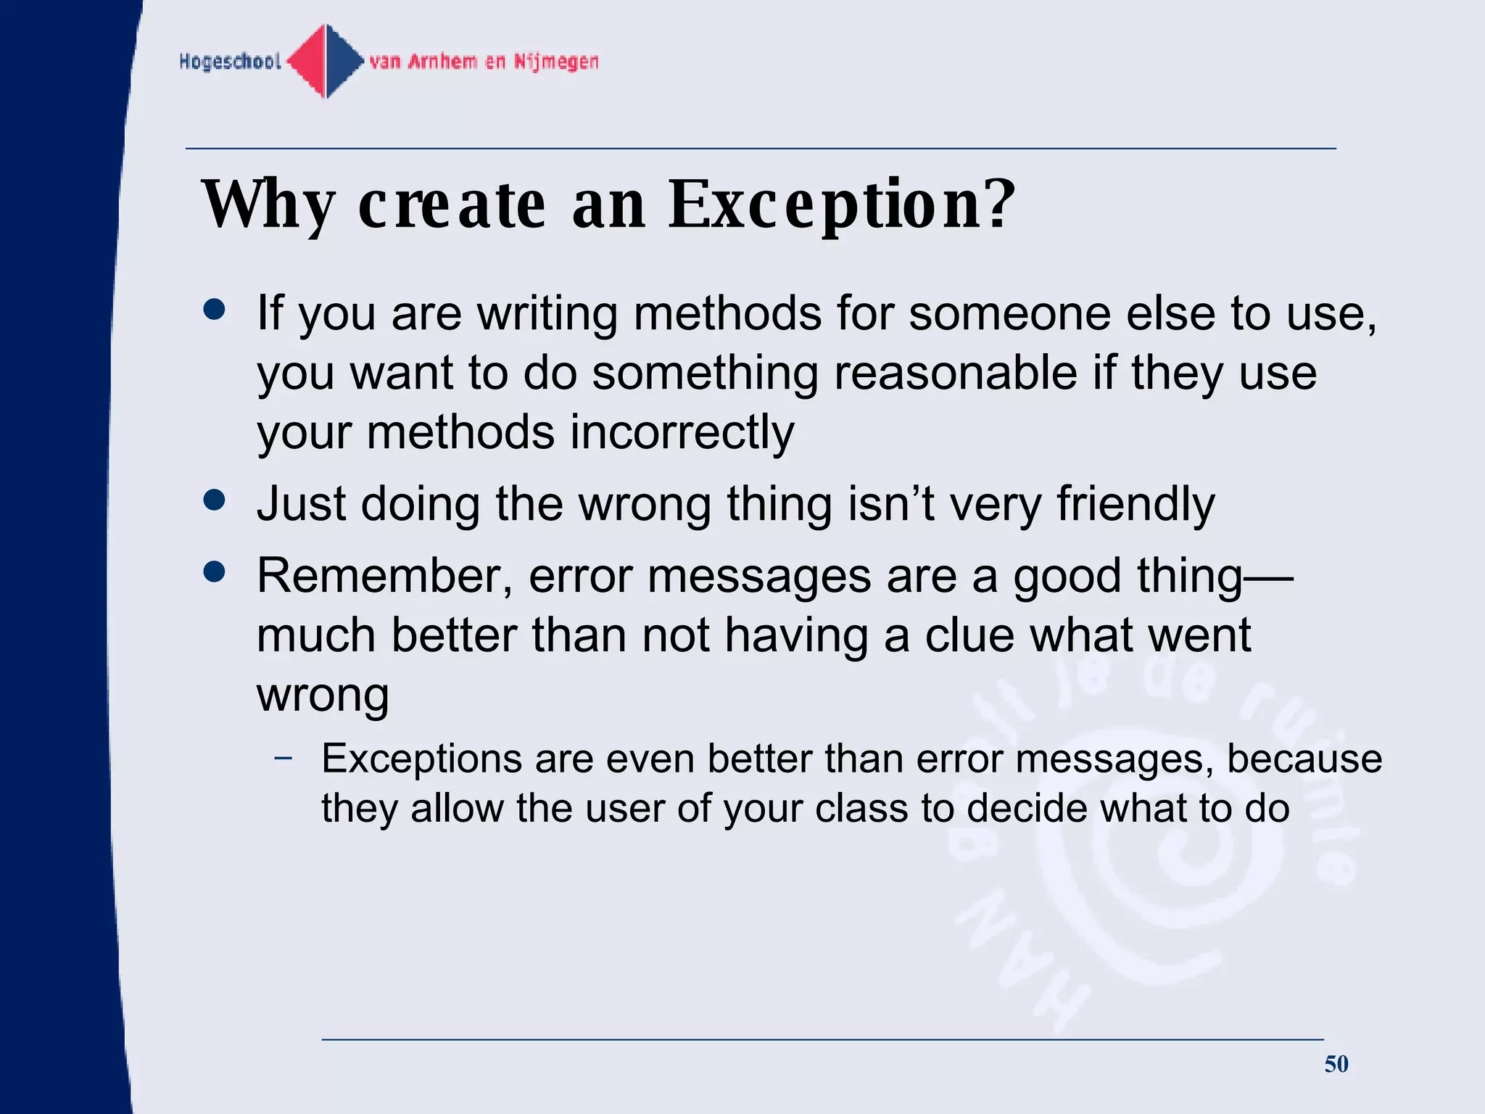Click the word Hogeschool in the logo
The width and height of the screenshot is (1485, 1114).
[230, 62]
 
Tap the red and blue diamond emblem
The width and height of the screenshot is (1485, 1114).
[326, 61]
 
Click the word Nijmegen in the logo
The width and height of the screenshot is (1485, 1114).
[556, 62]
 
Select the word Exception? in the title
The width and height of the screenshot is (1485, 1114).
[842, 205]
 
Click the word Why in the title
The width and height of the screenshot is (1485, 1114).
[268, 205]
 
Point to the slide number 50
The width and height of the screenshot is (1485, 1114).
[1336, 1064]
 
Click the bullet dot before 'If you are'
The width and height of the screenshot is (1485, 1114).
[215, 310]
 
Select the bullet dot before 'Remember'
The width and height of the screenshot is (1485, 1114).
[215, 572]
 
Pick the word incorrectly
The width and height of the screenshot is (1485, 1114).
[682, 433]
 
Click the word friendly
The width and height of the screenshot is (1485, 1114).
[1135, 504]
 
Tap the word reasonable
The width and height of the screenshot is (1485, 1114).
[956, 374]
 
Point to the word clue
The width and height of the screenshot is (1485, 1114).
[969, 636]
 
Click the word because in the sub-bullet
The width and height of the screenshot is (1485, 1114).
[1304, 759]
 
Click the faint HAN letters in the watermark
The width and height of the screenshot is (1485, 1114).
[1022, 965]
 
